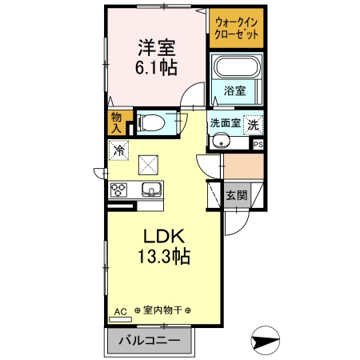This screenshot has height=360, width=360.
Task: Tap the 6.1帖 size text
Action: (154, 67)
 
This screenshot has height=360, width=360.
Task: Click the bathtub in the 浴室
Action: (237, 69)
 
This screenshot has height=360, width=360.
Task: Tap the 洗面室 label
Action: (225, 124)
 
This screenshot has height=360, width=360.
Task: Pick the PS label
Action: (258, 144)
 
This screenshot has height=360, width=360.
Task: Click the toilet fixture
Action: (153, 122)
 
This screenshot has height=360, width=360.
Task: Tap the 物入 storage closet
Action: (116, 122)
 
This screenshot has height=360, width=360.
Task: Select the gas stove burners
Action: (119, 190)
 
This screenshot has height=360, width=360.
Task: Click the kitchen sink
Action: (150, 190)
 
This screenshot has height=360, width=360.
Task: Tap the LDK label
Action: (164, 237)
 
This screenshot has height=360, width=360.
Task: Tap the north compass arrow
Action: (265, 342)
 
